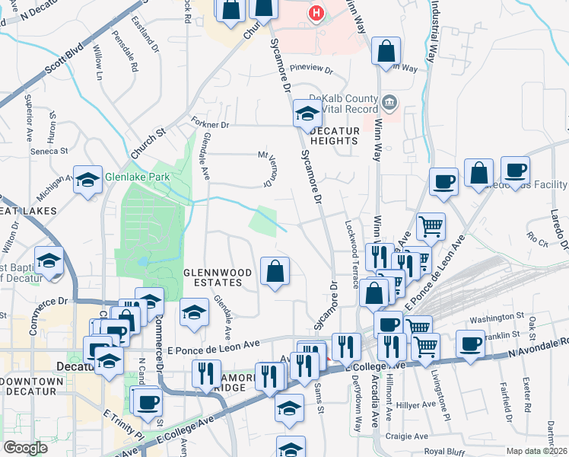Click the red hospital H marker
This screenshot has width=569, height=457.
pyautogui.click(x=316, y=13)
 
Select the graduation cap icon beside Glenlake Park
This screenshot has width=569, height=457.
pyautogui.click(x=87, y=181)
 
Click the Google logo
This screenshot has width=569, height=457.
pyautogui.click(x=25, y=448)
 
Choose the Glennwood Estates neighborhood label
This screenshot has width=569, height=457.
pyautogui.click(x=212, y=276)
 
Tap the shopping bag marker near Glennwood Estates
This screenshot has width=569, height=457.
pyautogui.click(x=275, y=271)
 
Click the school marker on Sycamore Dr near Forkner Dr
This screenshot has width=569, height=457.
pyautogui.click(x=307, y=114)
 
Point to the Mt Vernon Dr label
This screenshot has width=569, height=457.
pyautogui.click(x=267, y=168)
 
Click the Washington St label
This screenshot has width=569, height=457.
pyautogui.click(x=497, y=315)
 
